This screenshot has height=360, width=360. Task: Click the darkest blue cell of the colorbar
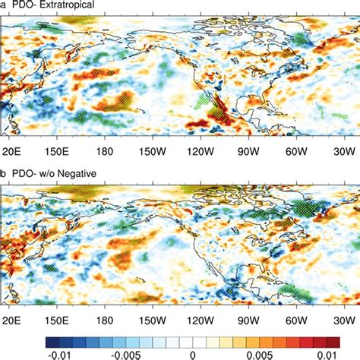[x=51, y=336]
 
